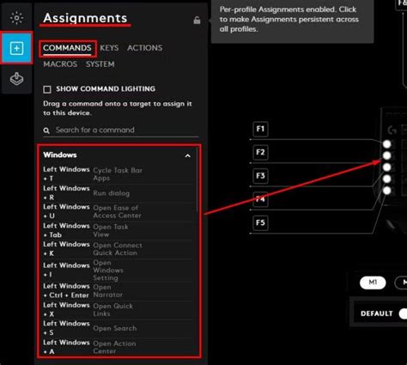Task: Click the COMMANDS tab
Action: coord(67,48)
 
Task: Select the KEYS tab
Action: coord(109,48)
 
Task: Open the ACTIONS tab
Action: coord(144,48)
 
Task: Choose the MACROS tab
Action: coord(60,64)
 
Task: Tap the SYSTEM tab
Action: coord(100,64)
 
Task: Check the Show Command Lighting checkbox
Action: coord(47,88)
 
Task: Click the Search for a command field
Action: coord(120,130)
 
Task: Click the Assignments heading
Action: coord(84,17)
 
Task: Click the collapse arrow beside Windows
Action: coord(188,156)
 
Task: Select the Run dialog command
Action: coord(112,194)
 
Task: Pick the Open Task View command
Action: coord(112,231)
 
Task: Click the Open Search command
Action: coord(114,327)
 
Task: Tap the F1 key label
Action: coord(262,129)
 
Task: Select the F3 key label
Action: coord(262,175)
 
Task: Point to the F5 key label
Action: coord(262,222)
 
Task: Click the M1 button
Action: coord(372,283)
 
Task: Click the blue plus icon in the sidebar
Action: coord(16,48)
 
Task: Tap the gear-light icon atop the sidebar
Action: coord(16,17)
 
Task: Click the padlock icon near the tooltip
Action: coord(197,20)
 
